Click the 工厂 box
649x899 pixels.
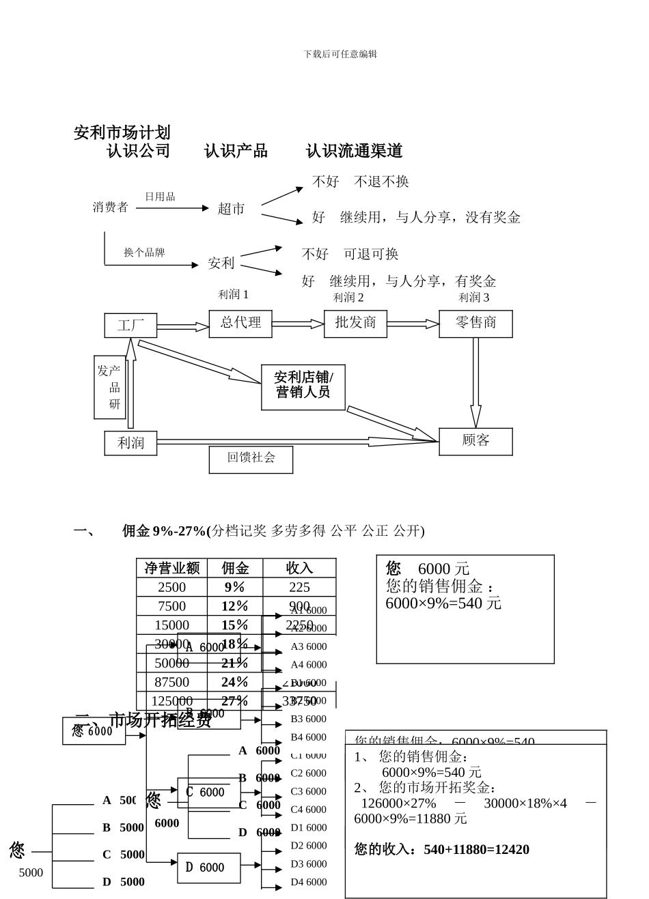coord(130,326)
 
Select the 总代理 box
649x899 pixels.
coord(240,324)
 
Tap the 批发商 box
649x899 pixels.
coord(355,324)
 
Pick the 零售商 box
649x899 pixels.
coord(475,324)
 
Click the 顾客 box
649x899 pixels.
coord(475,441)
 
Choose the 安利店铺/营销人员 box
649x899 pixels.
coord(303,386)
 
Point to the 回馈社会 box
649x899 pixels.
coord(251,459)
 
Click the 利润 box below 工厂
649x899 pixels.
coord(130,443)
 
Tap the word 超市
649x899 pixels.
coord(231,209)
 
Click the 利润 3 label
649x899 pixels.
coord(473,298)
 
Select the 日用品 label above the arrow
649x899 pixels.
coord(160,197)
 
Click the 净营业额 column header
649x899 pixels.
coord(171,568)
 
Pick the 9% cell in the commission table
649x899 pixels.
coord(234,587)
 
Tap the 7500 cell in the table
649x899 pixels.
coord(171,606)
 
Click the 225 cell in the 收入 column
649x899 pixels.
coord(299,587)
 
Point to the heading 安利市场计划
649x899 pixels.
coord(122,132)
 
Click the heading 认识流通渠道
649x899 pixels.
coord(354,151)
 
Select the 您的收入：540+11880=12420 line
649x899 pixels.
coord(441,849)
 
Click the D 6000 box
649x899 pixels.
coord(208,868)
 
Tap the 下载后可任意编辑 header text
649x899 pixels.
coord(340,54)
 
